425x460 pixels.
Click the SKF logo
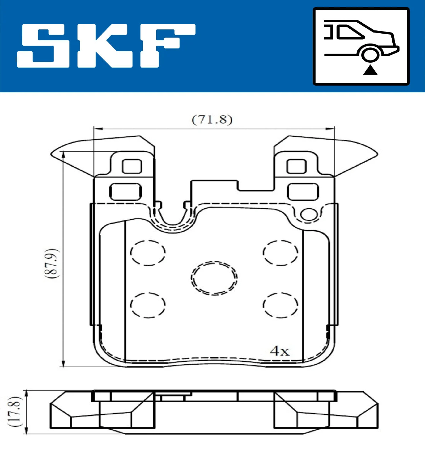(106, 46)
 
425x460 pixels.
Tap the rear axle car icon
(361, 46)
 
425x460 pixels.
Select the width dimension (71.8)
(212, 120)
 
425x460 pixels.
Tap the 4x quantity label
(279, 351)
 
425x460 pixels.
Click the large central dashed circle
(214, 278)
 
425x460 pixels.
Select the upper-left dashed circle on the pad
(148, 253)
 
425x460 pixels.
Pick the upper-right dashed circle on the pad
(280, 253)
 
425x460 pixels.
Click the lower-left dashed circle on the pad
(148, 305)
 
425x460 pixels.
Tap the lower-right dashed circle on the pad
(280, 305)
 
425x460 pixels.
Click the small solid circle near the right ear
(309, 214)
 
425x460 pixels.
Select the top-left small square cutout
(132, 166)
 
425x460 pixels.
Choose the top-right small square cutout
(296, 166)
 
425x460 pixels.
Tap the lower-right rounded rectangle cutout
(302, 192)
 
